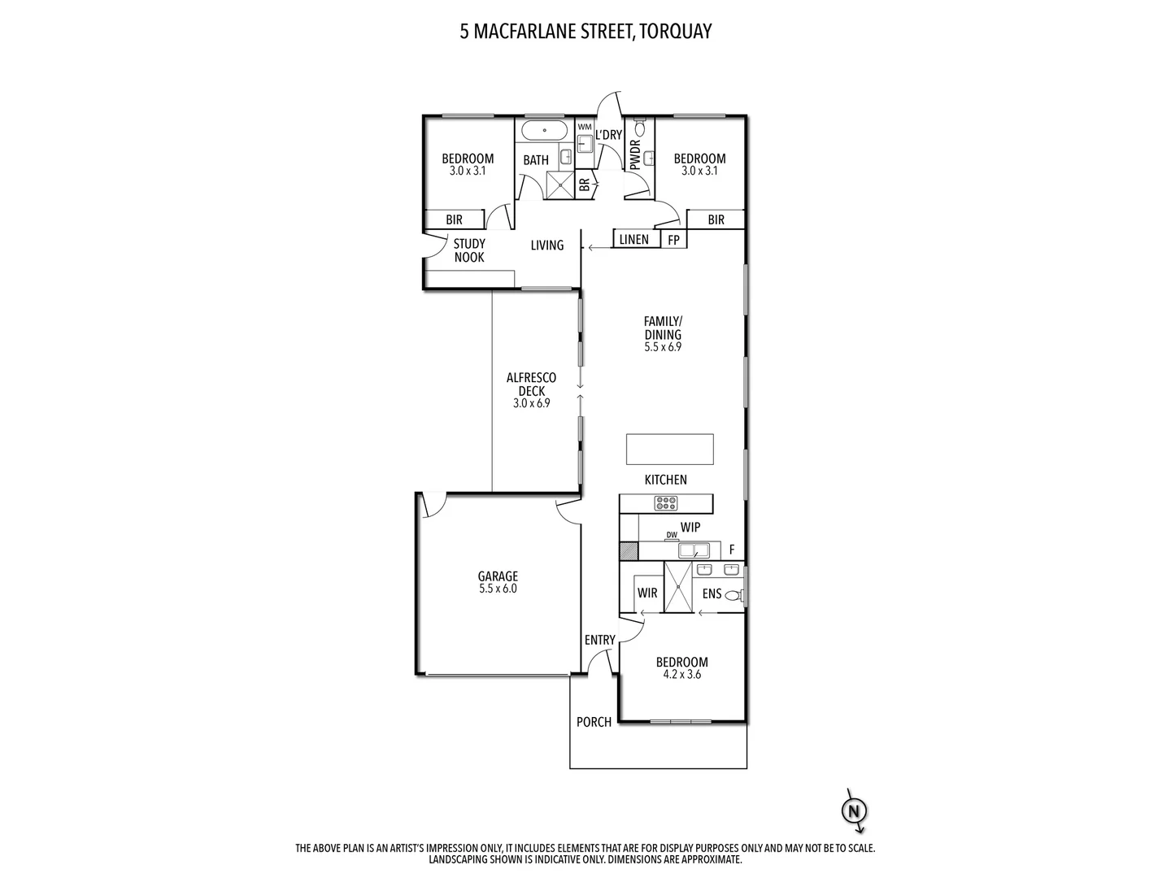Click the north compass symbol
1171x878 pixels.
point(854,811)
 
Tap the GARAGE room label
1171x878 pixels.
point(498,576)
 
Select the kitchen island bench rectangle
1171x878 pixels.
point(669,449)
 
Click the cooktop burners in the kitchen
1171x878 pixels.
point(667,503)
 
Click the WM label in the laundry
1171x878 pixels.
point(584,127)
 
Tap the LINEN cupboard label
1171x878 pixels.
point(634,239)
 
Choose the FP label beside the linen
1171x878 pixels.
point(673,240)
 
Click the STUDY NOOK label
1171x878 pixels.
point(469,250)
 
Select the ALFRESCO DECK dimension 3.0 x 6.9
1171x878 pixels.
point(531,402)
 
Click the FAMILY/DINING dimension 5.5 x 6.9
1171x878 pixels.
point(663,346)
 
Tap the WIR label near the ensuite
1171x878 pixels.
point(647,593)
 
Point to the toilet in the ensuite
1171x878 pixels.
point(734,595)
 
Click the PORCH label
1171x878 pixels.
point(594,722)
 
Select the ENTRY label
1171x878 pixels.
point(600,641)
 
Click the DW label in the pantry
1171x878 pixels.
point(672,534)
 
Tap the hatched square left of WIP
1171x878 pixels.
point(629,551)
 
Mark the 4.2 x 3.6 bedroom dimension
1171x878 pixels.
point(681,674)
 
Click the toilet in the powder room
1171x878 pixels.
point(640,128)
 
